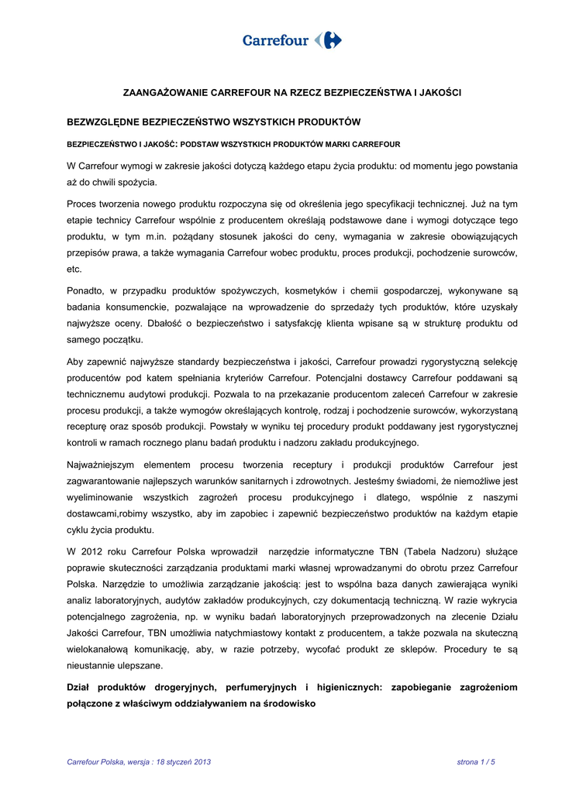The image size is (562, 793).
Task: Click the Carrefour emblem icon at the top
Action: (329, 40)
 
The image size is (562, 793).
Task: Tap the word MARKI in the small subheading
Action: (327, 144)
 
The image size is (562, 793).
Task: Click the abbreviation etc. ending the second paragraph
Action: (74, 269)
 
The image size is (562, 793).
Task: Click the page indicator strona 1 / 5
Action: (475, 763)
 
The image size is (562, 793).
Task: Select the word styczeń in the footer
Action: (174, 763)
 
